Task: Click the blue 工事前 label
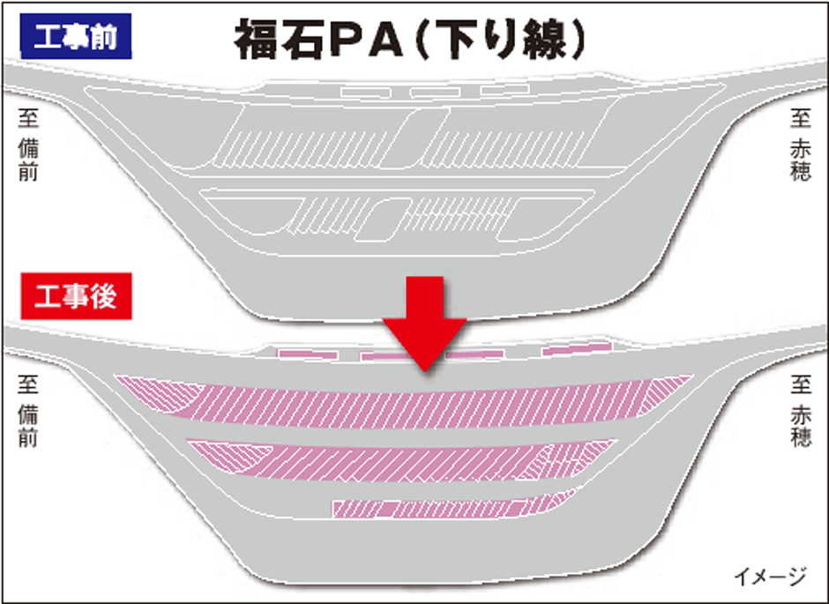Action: click(76, 36)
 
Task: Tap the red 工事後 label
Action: click(76, 296)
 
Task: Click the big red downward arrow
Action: click(424, 324)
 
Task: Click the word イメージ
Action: click(771, 576)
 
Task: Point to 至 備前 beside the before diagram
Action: click(28, 145)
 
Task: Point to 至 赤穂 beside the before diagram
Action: click(801, 145)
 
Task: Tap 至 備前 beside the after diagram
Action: click(28, 411)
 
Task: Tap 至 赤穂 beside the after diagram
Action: click(801, 411)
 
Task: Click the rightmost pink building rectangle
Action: click(577, 349)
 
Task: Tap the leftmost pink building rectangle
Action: click(309, 354)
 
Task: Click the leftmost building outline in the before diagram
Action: click(366, 93)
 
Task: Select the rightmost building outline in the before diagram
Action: click(505, 89)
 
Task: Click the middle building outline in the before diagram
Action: click(436, 93)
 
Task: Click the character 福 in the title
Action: click(256, 40)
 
